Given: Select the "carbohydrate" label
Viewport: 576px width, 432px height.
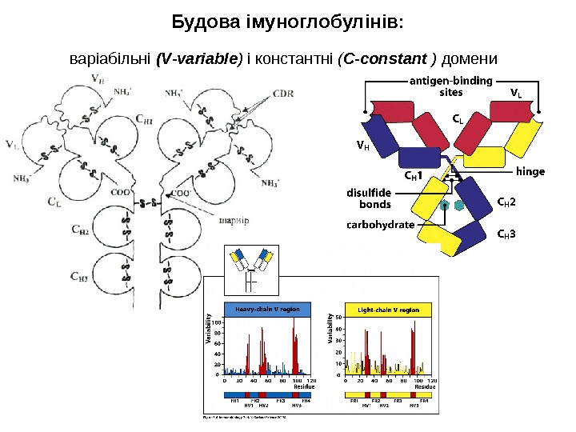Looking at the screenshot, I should (380, 225).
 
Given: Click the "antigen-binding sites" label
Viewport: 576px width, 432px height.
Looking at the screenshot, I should (451, 86).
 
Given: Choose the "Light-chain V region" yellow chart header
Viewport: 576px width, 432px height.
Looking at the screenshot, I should (388, 308).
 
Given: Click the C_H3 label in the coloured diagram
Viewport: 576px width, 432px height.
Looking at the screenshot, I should (506, 234).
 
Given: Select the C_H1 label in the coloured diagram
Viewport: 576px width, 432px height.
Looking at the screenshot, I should (413, 175).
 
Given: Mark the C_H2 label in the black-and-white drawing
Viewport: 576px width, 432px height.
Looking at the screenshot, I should (79, 230).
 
